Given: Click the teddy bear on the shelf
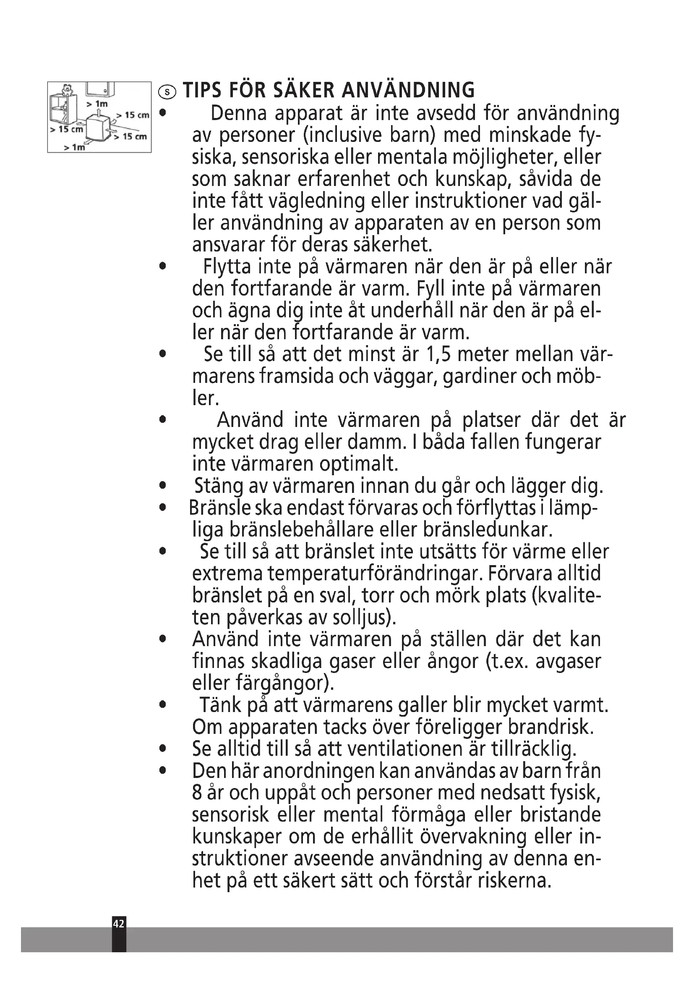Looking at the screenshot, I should click(67, 90).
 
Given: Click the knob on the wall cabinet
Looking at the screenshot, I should click(105, 90).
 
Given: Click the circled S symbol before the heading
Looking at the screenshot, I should click(167, 92).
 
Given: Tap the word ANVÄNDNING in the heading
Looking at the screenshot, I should click(409, 90).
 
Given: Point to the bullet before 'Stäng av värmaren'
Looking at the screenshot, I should click(162, 486).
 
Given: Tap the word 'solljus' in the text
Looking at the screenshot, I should click(372, 618).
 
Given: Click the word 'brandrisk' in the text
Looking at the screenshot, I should click(550, 727).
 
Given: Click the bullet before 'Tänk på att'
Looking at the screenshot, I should click(162, 705).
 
